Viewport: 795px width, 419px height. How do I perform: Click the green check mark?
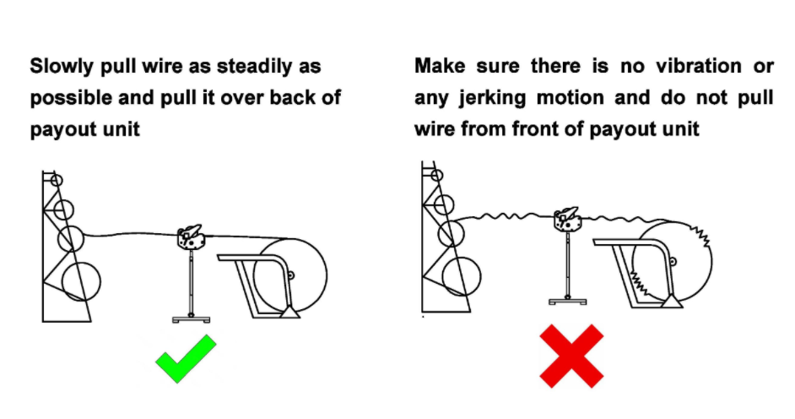tap(186, 359)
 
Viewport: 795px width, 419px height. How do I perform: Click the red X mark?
tap(571, 356)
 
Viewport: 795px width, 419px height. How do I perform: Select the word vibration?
tap(699, 66)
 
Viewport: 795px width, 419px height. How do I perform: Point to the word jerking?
tap(492, 98)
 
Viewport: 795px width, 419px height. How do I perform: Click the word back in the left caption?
tap(291, 97)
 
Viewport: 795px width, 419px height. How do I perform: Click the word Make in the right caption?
tap(440, 66)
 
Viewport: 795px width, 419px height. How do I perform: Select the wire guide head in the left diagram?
tap(190, 237)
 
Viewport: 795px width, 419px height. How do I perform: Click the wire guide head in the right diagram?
tap(567, 219)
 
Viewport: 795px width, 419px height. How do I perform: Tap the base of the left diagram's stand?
tap(191, 319)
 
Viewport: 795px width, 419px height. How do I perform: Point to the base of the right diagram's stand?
tap(568, 302)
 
